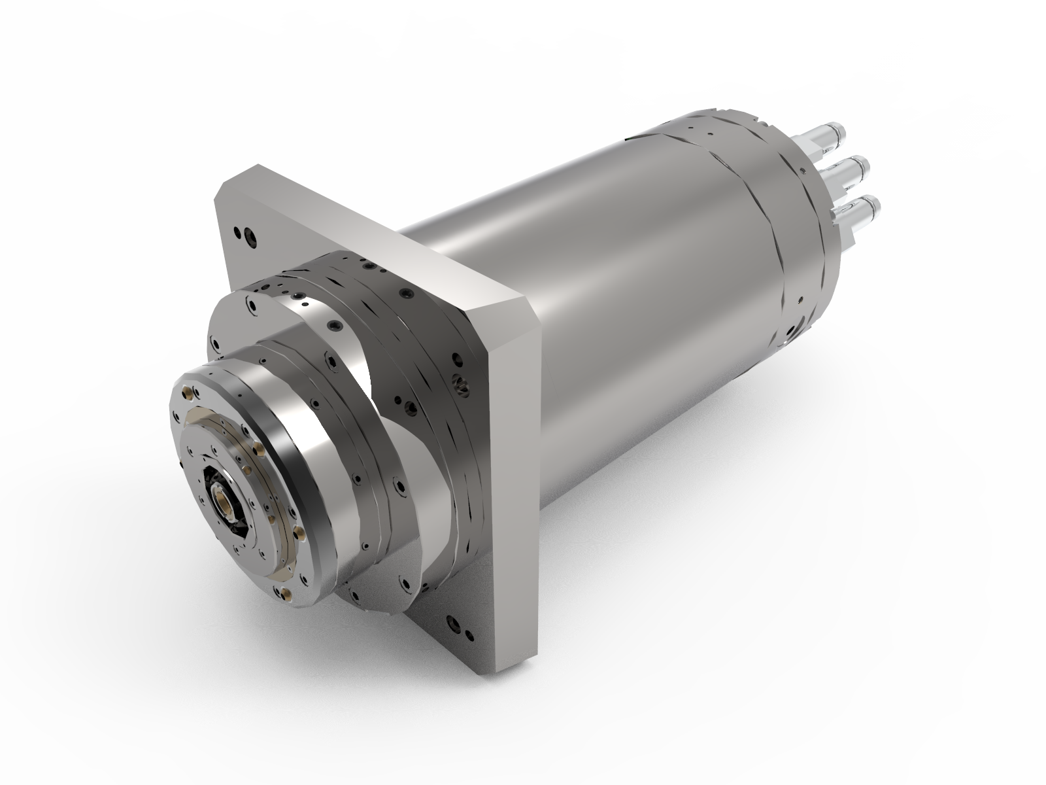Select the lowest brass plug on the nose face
286,594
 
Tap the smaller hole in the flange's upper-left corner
233,230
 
